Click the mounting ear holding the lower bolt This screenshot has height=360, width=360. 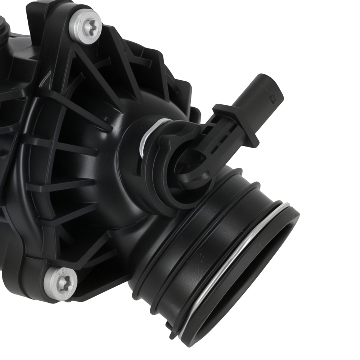coord(43,284)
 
